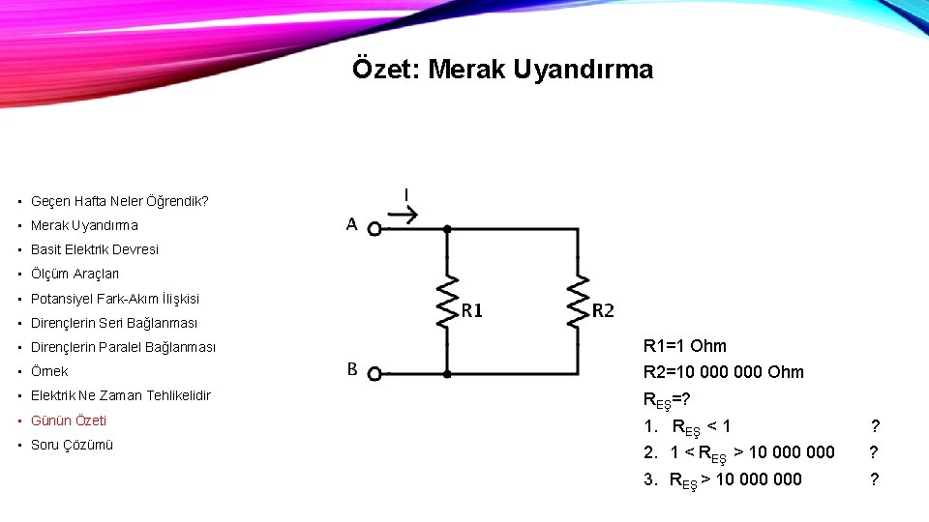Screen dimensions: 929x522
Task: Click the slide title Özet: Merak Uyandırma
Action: (502, 70)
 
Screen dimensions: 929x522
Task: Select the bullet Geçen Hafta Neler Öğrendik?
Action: (119, 202)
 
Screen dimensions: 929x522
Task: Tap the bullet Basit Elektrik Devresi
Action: (94, 249)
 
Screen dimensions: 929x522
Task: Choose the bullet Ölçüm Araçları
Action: (75, 274)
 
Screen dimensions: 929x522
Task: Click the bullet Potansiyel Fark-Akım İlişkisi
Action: (114, 299)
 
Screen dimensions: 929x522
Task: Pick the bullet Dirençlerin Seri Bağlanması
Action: (113, 323)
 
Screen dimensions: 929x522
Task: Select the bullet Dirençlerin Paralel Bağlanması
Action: (123, 347)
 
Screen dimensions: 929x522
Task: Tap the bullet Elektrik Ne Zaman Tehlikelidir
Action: (120, 395)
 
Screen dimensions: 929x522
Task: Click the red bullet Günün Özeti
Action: (69, 420)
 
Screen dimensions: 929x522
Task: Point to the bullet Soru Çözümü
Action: (72, 445)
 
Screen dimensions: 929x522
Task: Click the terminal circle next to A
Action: (375, 229)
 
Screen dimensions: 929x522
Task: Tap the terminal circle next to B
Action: (375, 372)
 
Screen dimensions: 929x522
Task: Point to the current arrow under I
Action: (406, 217)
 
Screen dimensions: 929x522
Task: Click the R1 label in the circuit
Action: (471, 310)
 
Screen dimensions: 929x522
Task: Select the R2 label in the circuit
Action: (602, 310)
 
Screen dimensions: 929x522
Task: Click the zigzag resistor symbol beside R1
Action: (446, 301)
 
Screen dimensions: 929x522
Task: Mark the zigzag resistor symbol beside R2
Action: (578, 301)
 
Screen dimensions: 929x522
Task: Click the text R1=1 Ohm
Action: (684, 346)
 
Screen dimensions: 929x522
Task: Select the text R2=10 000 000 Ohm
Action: (723, 372)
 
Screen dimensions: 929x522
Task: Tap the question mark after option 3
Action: (875, 478)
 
